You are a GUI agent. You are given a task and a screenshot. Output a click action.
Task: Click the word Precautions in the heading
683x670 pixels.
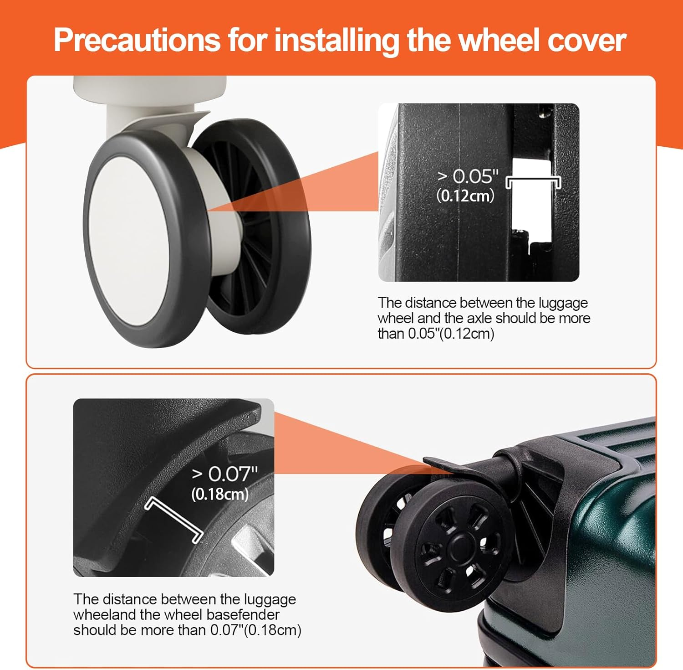point(137,40)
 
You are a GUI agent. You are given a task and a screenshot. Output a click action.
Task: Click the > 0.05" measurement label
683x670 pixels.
point(468,176)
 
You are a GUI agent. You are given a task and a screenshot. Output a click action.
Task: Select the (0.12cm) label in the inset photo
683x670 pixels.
point(465,196)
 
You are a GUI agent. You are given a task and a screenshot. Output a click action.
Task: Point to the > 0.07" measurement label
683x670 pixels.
point(225,474)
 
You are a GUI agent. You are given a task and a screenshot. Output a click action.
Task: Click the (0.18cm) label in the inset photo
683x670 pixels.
point(220,494)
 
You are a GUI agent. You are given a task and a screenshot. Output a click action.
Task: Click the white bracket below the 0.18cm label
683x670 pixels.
point(174,520)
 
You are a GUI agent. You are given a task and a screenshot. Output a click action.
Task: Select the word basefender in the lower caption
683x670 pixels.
point(243,614)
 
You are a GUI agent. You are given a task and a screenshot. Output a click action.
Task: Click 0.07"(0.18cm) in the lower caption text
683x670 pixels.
point(256,630)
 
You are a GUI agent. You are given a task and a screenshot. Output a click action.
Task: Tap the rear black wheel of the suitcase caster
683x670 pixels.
point(380,524)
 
